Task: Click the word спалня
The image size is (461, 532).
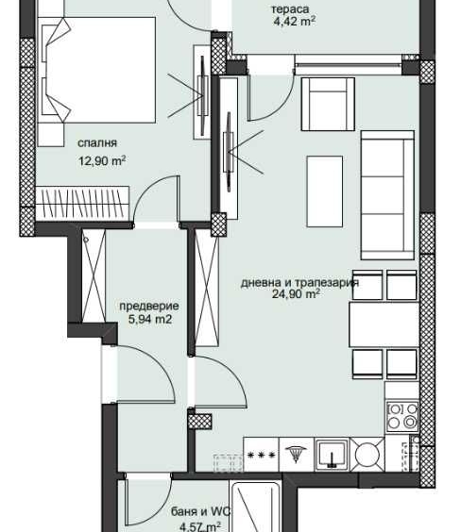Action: [99, 143]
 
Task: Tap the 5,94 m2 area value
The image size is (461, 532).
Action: [149, 320]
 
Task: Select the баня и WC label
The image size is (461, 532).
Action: [196, 513]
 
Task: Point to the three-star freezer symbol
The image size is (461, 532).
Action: [261, 455]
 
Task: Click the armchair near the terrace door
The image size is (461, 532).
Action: [327, 103]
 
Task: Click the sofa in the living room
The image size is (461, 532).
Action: [389, 199]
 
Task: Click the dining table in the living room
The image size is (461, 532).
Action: [383, 326]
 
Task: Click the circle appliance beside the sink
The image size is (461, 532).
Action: [367, 456]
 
